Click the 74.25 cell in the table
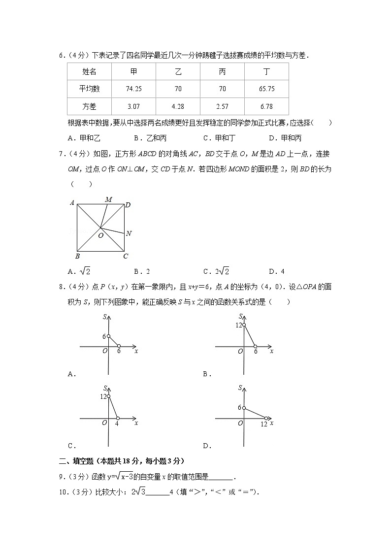(x=133, y=89)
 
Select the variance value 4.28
(x=178, y=106)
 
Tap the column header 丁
(x=266, y=72)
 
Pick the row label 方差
(x=89, y=106)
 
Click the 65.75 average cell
(x=266, y=89)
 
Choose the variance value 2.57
(x=222, y=106)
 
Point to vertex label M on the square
(x=108, y=199)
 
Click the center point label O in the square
(x=100, y=236)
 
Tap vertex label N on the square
(x=129, y=233)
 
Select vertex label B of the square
(x=77, y=257)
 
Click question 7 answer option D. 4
(x=277, y=271)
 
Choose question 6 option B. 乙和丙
(x=150, y=138)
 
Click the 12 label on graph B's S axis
(x=239, y=325)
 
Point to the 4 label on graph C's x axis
(x=117, y=423)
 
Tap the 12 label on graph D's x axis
(x=264, y=424)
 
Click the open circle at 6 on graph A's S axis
(x=108, y=336)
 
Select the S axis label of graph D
(x=240, y=388)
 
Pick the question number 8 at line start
(x=61, y=287)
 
